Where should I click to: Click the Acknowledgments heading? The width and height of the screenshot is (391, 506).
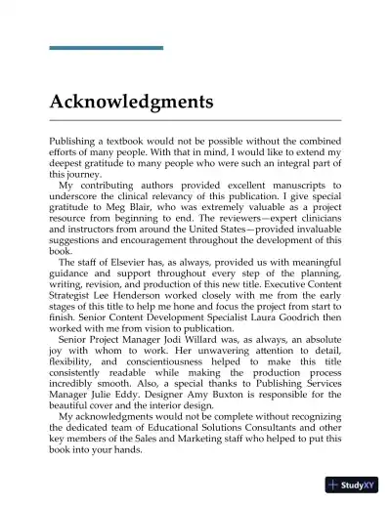tap(131, 102)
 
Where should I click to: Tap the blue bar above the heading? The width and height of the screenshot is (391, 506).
tap(106, 47)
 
